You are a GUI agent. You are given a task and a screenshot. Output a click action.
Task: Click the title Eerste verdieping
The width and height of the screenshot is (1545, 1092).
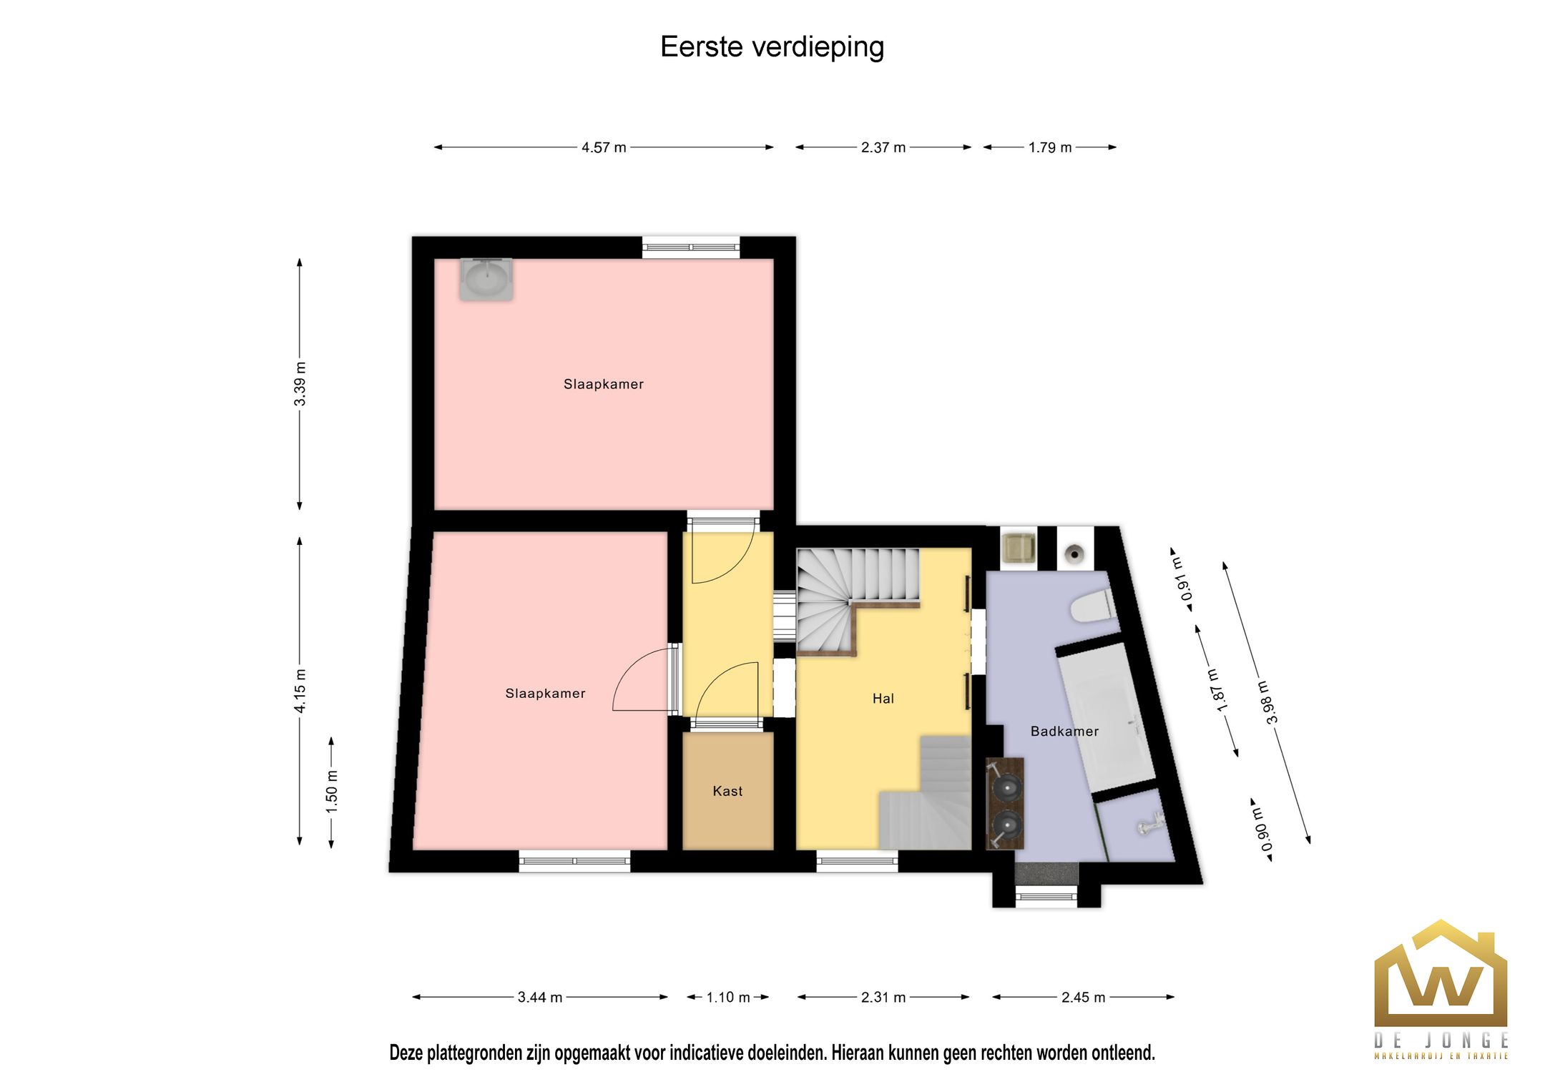point(772,47)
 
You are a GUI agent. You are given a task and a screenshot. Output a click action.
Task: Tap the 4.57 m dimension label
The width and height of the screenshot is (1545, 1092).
point(604,147)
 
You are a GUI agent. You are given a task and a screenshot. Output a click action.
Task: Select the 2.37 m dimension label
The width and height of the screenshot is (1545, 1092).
point(883,147)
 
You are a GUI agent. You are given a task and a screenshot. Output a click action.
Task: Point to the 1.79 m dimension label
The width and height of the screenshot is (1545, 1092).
point(1049,147)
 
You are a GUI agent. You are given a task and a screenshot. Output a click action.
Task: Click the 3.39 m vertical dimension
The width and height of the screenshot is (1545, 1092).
point(300,384)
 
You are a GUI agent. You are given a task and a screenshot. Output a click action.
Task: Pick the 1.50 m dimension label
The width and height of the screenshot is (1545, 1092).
point(331,792)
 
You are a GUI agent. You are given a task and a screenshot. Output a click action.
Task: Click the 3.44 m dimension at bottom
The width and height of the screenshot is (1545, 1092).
point(539,997)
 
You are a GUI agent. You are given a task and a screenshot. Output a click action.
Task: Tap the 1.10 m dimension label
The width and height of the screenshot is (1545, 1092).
point(727,997)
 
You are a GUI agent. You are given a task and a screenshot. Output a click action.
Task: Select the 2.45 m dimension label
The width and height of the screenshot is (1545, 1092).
point(1083,997)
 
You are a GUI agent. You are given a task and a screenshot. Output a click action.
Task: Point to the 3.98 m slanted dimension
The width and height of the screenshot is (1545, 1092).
point(1267,702)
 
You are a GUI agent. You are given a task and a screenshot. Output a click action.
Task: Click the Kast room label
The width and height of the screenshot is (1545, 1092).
point(727,791)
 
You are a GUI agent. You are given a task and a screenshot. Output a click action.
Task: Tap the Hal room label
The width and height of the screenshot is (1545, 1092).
point(883,699)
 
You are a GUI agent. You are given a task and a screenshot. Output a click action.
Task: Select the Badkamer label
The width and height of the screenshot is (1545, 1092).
point(1064,731)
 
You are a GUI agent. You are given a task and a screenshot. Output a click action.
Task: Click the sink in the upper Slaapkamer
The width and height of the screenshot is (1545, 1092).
point(486,279)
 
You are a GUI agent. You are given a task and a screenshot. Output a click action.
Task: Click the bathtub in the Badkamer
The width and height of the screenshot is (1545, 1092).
point(1105,715)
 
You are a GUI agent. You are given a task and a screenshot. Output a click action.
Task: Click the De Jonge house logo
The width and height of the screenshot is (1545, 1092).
point(1440,977)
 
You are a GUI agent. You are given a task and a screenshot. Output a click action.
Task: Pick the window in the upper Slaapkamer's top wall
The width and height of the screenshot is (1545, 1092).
point(690,247)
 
